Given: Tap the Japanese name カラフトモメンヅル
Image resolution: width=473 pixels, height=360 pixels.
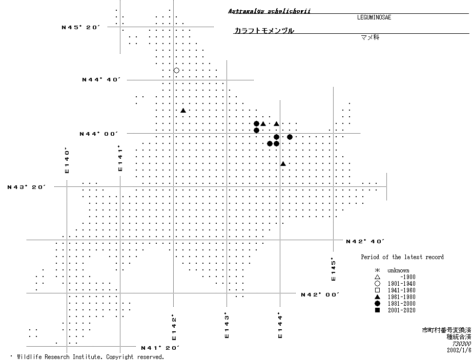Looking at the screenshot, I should point(264,31).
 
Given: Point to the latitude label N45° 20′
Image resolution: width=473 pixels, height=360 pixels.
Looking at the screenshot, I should point(80,27).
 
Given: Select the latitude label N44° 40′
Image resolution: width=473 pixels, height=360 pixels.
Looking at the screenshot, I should point(101,80).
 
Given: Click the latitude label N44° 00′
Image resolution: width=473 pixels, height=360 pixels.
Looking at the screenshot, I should point(99,134).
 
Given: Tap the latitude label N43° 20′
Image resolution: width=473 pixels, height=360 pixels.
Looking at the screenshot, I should point(27,187).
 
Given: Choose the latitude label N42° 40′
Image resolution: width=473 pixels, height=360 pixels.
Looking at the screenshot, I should point(365,241).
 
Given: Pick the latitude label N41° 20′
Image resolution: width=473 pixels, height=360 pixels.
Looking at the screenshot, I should point(160,348).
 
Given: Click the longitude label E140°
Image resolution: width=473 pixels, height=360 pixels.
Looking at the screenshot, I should point(67,160).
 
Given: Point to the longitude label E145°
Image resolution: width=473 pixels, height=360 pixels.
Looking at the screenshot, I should point(333,269).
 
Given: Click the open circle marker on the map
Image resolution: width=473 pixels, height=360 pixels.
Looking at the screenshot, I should point(176,70).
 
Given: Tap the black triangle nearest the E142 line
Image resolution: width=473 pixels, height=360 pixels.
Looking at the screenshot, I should point(183,110).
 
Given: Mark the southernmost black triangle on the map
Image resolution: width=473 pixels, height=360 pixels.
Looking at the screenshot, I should point(283,164).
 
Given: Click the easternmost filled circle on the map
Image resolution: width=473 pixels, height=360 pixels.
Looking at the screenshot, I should point(290,137).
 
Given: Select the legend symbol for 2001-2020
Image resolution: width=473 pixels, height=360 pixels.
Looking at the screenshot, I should point(377,310).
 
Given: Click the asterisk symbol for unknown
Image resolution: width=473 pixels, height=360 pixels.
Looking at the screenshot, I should point(377,270).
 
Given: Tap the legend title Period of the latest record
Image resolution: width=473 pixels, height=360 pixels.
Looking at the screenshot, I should point(402,257).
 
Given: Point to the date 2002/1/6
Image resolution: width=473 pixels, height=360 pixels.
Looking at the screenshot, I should point(459,350).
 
